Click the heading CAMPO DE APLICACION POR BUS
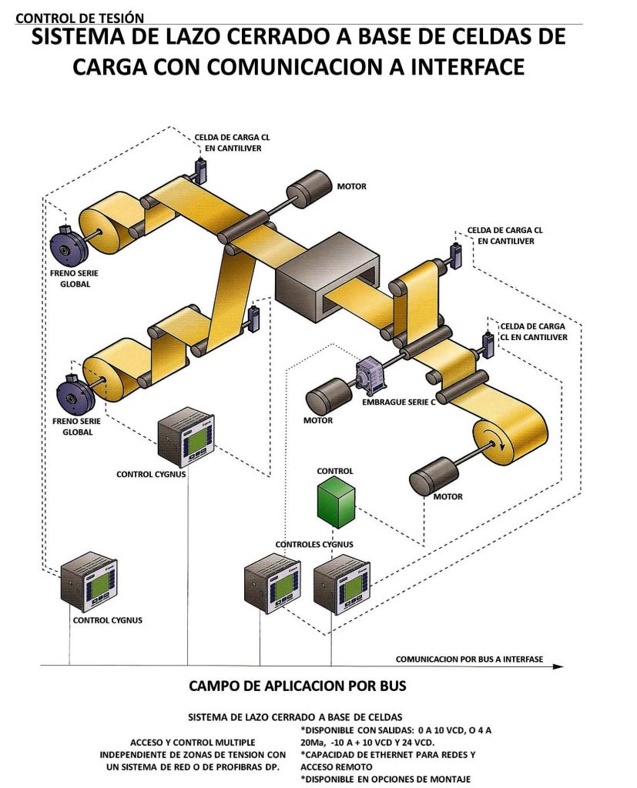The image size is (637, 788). coord(297,685)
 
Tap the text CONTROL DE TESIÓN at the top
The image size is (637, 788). coord(79,18)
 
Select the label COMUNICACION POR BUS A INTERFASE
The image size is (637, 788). coord(469,659)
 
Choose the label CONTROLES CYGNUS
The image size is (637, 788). coord(314,544)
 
